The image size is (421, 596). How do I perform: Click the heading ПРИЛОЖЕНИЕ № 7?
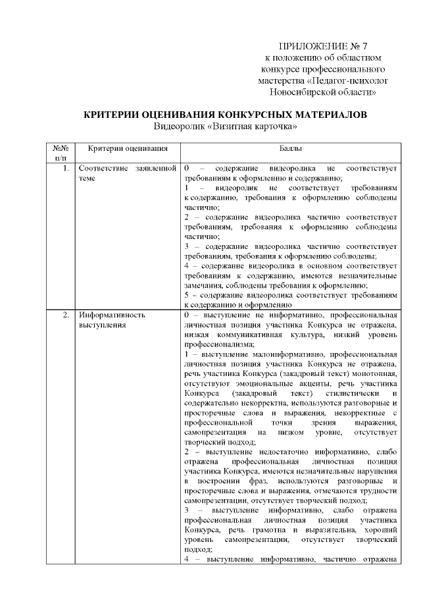click(313, 46)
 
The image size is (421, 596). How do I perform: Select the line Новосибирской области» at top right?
click(318, 92)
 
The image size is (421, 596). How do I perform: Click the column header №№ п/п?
click(61, 154)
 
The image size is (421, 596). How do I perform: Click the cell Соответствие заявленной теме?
click(128, 173)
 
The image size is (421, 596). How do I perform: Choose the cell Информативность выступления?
click(111, 319)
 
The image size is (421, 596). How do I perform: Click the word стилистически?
click(355, 393)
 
